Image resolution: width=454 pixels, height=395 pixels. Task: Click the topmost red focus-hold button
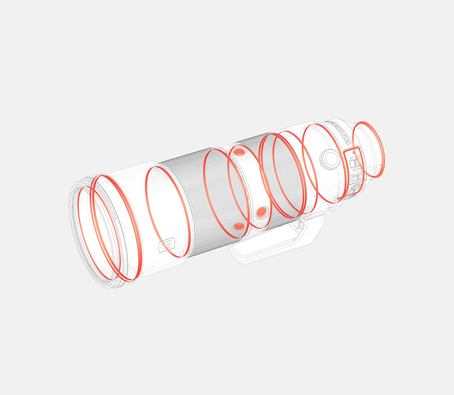pyautogui.click(x=239, y=152)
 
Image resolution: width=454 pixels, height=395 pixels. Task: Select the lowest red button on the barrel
pyautogui.click(x=238, y=226)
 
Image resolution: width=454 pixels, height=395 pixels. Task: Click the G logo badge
pyautogui.click(x=167, y=244)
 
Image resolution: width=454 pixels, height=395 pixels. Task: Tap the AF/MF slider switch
pyautogui.click(x=355, y=163)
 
